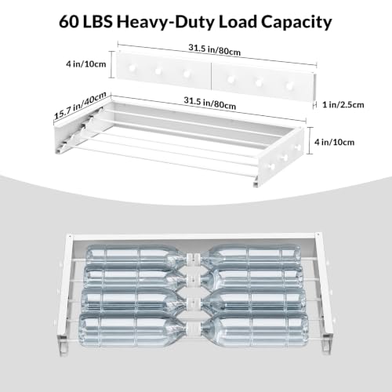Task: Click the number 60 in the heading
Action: tap(68, 22)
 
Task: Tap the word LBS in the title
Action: tap(97, 22)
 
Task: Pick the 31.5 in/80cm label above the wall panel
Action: tap(214, 49)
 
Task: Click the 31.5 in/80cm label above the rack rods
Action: tap(209, 103)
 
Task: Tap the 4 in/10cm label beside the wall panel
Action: tap(86, 64)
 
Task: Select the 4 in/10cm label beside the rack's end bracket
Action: tap(334, 142)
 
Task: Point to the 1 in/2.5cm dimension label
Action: tap(343, 105)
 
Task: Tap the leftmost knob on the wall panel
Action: tap(132, 68)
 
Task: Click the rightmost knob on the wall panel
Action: tap(289, 85)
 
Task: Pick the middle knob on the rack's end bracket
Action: tap(284, 158)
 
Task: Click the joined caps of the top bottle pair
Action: tap(194, 257)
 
